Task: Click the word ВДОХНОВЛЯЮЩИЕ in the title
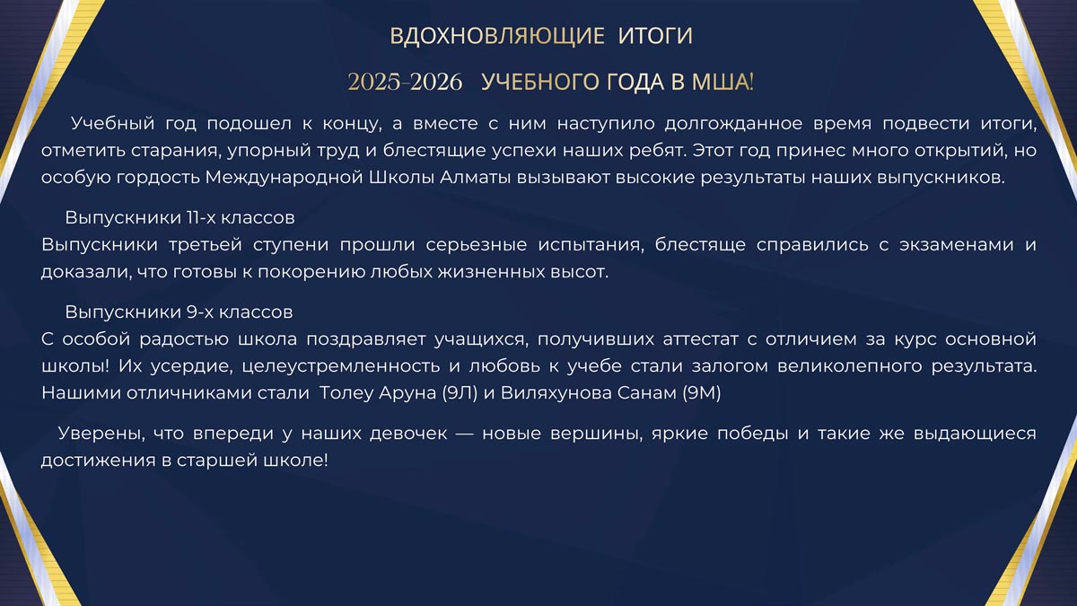(x=497, y=36)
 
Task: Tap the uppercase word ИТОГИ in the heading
(x=655, y=36)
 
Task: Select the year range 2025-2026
(x=405, y=83)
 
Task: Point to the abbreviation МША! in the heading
(x=722, y=82)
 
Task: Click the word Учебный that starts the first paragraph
(x=112, y=124)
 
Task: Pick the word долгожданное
(x=734, y=125)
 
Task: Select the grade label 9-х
(x=199, y=312)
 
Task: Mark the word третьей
(x=206, y=245)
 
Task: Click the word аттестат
(x=700, y=340)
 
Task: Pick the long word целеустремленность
(x=340, y=367)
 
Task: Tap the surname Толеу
(x=346, y=394)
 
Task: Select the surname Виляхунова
(x=556, y=394)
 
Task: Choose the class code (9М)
(x=702, y=393)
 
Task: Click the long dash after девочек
(x=465, y=435)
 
